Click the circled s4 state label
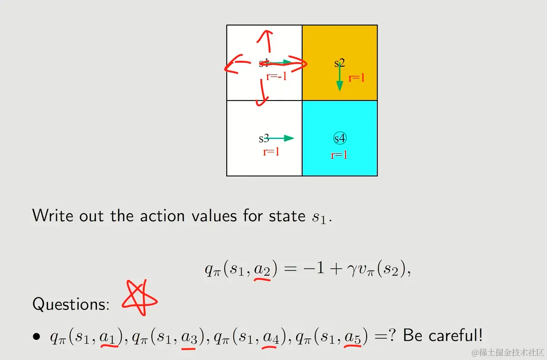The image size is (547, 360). tap(340, 138)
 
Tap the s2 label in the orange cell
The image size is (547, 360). tap(339, 63)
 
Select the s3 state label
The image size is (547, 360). tap(264, 138)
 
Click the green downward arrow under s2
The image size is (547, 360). tap(340, 77)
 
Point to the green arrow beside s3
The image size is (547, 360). tap(279, 138)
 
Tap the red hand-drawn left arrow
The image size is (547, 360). tap(237, 64)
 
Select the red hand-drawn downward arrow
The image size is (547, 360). tap(262, 93)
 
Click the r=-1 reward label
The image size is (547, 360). tap(276, 76)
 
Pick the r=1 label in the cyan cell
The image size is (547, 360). tap(339, 155)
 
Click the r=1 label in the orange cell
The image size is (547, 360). tap(356, 78)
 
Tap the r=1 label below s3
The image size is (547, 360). tap(271, 152)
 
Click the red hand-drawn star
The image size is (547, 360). tap(139, 298)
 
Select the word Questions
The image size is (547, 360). tap(71, 305)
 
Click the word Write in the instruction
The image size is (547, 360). tap(53, 215)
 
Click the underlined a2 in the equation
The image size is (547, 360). tap(262, 270)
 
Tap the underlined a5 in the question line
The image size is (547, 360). tap(353, 338)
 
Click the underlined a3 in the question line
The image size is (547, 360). tap(189, 338)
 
